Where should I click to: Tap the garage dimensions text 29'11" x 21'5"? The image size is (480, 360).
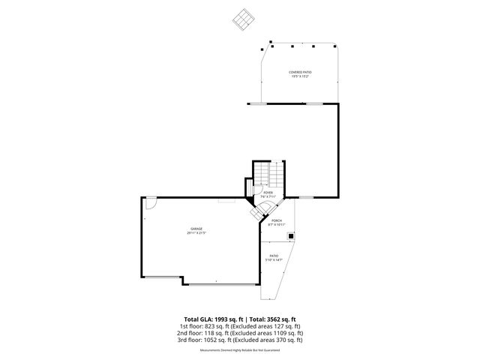pos(196,233)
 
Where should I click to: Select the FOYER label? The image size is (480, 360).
pos(268,193)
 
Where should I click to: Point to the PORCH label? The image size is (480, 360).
pos(277,220)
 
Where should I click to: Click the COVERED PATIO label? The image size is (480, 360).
pos(300,72)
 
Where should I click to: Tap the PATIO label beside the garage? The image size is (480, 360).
pos(274,256)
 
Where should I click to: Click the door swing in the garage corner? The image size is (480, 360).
pos(150,202)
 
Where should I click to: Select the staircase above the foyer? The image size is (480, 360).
pos(269,175)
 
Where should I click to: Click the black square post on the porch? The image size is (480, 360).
pos(292,235)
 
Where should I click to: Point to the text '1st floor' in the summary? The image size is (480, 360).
pos(189,326)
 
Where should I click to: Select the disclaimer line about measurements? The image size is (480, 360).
pos(240,350)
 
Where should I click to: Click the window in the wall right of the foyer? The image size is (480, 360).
pos(306,197)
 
